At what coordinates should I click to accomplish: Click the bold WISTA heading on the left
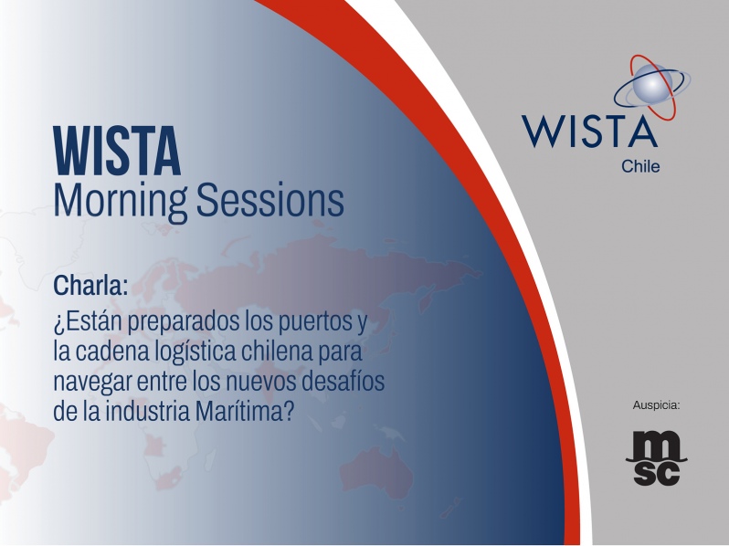pyautogui.click(x=117, y=152)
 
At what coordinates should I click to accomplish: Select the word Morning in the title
pyautogui.click(x=121, y=201)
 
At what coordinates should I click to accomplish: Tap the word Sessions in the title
pyautogui.click(x=270, y=200)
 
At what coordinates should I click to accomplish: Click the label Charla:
pyautogui.click(x=90, y=285)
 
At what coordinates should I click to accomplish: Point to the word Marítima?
pyautogui.click(x=245, y=411)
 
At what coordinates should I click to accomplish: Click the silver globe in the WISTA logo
pyautogui.click(x=651, y=84)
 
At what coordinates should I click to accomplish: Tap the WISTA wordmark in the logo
pyautogui.click(x=589, y=131)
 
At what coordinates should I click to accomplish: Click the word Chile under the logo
pyautogui.click(x=640, y=166)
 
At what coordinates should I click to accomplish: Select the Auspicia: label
pyautogui.click(x=656, y=405)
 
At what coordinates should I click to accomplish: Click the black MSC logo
pyautogui.click(x=656, y=457)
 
